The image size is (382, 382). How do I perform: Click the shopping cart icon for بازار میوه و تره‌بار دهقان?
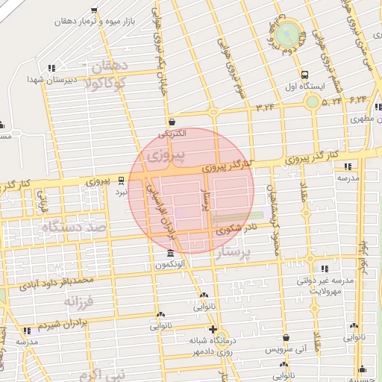click(93, 11)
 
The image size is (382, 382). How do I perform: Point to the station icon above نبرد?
click(121, 180)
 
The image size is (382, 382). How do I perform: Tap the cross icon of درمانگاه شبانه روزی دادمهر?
click(213, 329)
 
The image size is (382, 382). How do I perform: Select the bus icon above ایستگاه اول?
click(304, 75)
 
